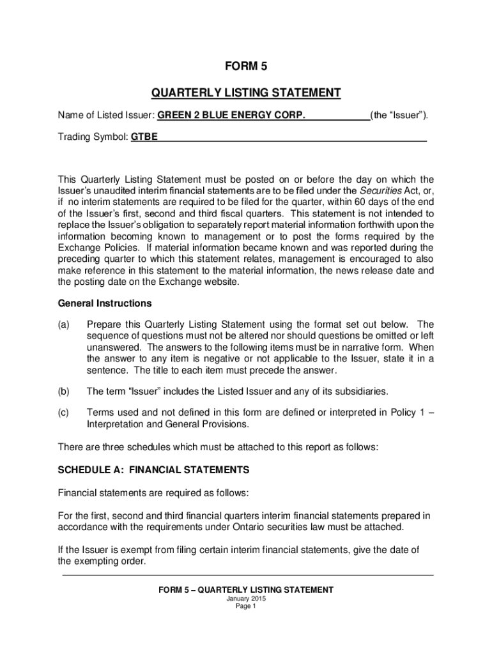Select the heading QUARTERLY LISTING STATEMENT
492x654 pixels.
tap(246, 93)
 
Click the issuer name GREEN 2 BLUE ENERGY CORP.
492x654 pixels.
tap(231, 116)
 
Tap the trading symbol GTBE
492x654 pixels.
tap(144, 137)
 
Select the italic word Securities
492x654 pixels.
tap(381, 191)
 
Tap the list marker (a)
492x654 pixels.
tap(64, 324)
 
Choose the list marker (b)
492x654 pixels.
tap(64, 390)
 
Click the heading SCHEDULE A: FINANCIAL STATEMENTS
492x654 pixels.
tap(153, 469)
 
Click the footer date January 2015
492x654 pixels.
tap(246, 599)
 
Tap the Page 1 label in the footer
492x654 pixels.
tap(246, 607)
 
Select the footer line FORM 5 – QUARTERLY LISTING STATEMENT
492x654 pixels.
tap(246, 590)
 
